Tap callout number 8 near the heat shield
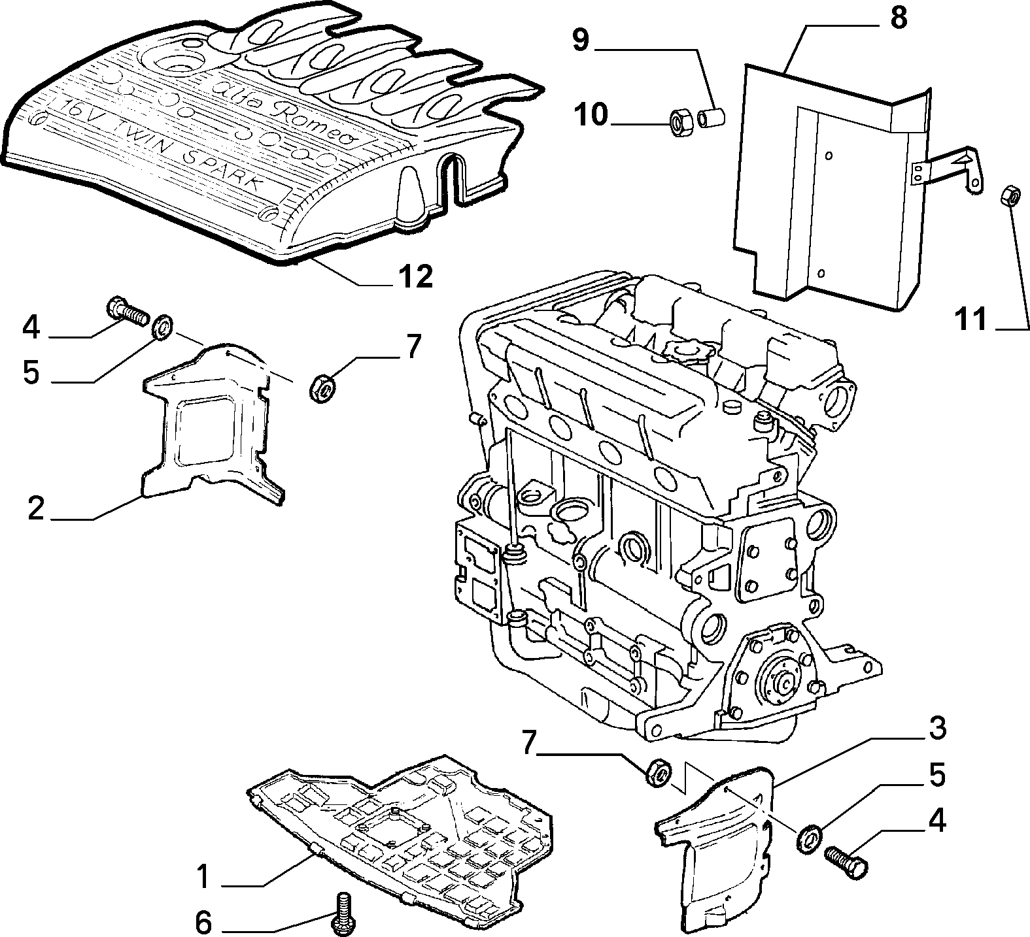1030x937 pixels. (x=899, y=18)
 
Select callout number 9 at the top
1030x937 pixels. (x=581, y=41)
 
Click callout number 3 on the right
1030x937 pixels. (x=936, y=728)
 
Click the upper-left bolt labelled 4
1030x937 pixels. (x=128, y=310)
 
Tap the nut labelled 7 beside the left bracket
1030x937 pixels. (x=320, y=387)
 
